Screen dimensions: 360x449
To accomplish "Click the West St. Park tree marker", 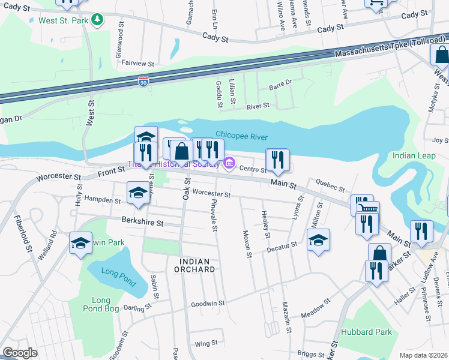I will (97, 20).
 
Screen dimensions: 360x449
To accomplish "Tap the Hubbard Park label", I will (366, 332).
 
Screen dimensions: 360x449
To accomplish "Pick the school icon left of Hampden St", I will (138, 193).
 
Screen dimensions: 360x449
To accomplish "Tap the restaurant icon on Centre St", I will (277, 160).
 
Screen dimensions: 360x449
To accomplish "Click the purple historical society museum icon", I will (229, 163).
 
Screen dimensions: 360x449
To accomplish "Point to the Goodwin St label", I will (207, 304).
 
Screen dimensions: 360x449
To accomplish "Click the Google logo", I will (20, 352).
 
